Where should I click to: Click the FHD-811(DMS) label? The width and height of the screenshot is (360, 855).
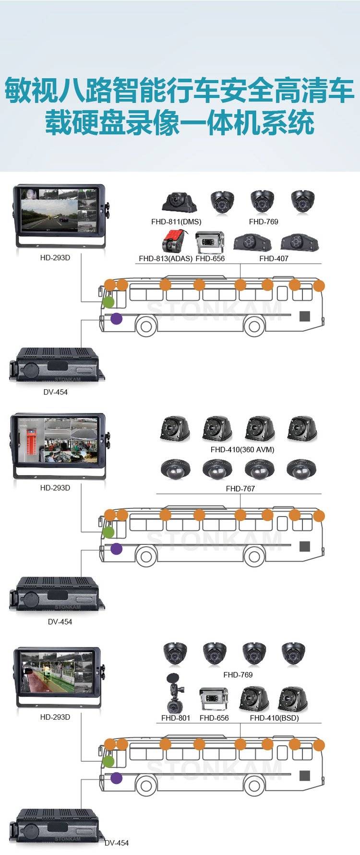click(x=176, y=222)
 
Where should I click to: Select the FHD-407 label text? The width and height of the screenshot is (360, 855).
click(x=274, y=258)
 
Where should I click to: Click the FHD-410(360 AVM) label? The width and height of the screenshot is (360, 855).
click(x=242, y=450)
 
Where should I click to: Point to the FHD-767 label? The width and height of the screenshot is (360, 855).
click(x=240, y=489)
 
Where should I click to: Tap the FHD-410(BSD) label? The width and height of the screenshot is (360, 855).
click(x=274, y=718)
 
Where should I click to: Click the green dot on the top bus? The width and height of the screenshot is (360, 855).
click(x=108, y=302)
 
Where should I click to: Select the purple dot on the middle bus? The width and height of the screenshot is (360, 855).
click(x=116, y=548)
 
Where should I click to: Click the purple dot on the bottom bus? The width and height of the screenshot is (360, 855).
click(x=116, y=778)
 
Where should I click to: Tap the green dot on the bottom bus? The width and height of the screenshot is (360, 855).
click(x=108, y=761)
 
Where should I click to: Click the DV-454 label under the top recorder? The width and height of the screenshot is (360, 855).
click(x=55, y=392)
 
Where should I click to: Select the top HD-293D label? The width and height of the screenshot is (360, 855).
click(x=55, y=258)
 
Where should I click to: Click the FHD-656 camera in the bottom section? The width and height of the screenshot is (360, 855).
click(x=214, y=699)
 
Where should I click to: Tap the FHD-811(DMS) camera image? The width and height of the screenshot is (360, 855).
click(x=179, y=203)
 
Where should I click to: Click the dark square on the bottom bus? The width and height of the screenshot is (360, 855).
click(x=304, y=776)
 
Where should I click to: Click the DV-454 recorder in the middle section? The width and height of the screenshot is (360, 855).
click(x=57, y=595)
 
